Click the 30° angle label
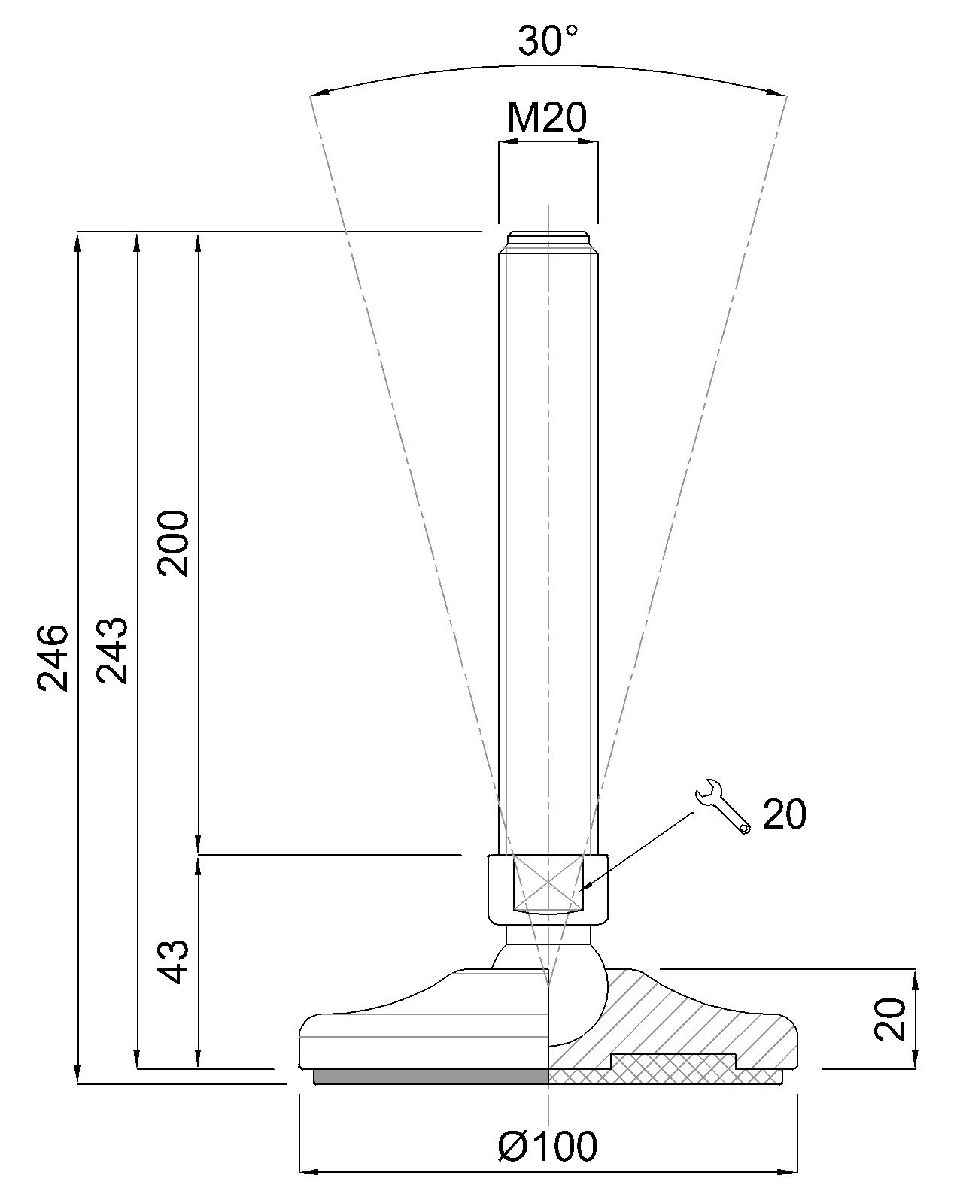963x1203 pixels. click(x=548, y=41)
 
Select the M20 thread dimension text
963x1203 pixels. click(x=547, y=117)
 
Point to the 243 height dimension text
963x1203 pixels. click(x=114, y=650)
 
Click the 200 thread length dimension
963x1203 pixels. click(x=174, y=542)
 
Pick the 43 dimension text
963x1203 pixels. click(x=174, y=961)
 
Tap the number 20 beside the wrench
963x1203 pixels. click(x=784, y=814)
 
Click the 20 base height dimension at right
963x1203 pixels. click(x=891, y=1019)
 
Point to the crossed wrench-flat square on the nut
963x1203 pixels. click(x=548, y=882)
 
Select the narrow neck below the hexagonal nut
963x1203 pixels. click(x=548, y=935)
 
